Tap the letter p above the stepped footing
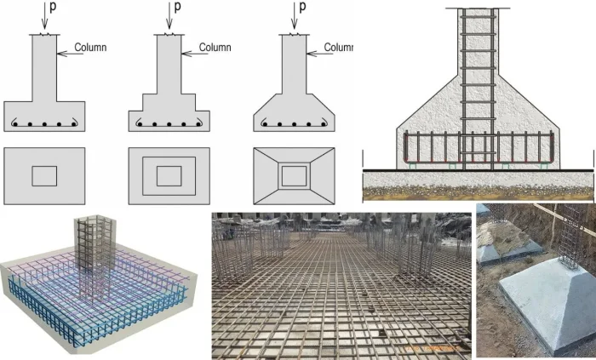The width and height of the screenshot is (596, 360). click(177, 8)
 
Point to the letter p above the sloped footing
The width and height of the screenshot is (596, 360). click(301, 8)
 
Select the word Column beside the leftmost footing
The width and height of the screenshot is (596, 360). click(90, 47)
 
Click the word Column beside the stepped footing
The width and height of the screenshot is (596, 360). click(215, 47)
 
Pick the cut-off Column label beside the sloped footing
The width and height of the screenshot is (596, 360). click(338, 47)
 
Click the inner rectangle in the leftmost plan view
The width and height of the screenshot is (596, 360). click(44, 175)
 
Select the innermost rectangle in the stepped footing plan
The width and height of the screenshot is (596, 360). click(169, 175)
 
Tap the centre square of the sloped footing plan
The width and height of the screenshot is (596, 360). click(294, 175)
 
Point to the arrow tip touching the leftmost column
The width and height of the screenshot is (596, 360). click(57, 54)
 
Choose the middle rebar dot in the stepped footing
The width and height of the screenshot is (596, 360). click(169, 125)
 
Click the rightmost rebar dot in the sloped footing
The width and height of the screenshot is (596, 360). click(321, 125)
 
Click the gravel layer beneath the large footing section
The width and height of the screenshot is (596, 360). click(478, 180)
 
